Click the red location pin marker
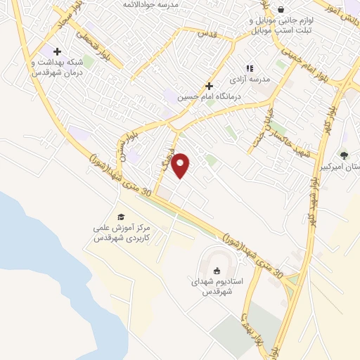pos(181,165)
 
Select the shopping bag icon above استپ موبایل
pos(281,10)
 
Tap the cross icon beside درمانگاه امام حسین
pos(209,85)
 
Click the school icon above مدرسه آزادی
pos(250,69)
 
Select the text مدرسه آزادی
pos(255,79)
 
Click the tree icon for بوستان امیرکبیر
pos(343,155)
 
